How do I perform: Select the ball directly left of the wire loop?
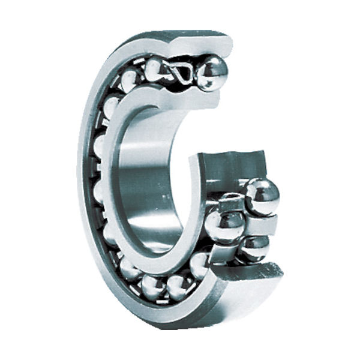coord(154,70)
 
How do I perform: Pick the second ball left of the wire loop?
coord(130,80)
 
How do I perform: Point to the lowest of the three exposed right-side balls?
coord(254,247)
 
